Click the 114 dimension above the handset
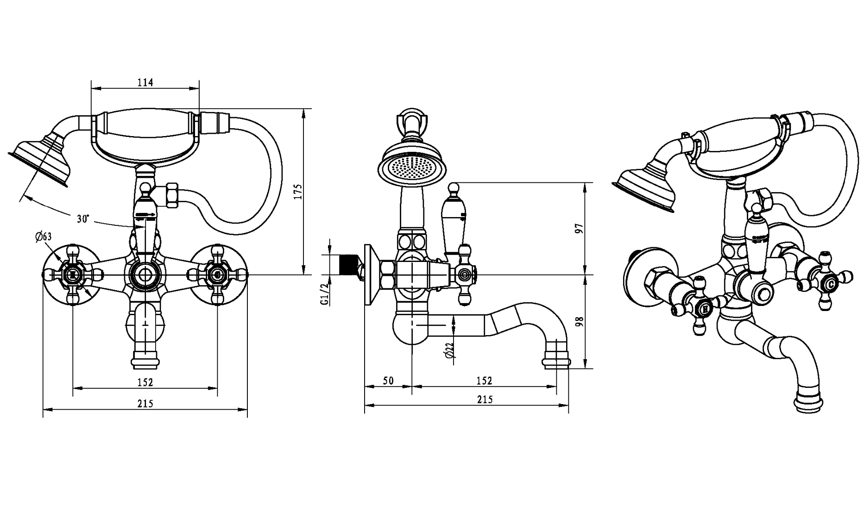[x=145, y=83]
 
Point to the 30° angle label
[x=83, y=219]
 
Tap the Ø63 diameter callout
[x=43, y=237]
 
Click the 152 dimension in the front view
[x=145, y=382]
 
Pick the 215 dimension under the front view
[x=145, y=404]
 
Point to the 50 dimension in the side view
[x=388, y=380]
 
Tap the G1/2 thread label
[x=325, y=293]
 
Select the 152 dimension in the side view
[x=484, y=380]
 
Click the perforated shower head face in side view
[x=412, y=167]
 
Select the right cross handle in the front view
[x=216, y=275]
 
